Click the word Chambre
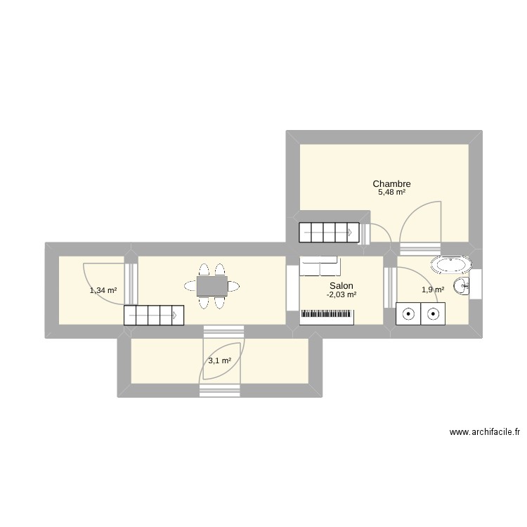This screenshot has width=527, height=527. tap(391, 184)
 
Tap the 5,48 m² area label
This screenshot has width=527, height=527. tap(391, 193)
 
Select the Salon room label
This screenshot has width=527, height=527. tap(341, 286)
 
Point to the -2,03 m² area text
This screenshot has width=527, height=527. tap(341, 294)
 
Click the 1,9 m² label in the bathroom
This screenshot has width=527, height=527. tap(432, 289)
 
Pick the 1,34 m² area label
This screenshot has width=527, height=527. tap(103, 289)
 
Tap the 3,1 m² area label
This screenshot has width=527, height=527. tap(219, 361)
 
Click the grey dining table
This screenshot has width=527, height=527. tap(212, 286)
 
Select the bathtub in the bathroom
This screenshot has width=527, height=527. tap(452, 265)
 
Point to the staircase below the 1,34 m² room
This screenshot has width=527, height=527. tap(153, 315)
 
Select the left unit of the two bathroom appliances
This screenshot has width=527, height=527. tap(408, 314)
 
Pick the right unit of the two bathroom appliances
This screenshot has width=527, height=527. tap(431, 314)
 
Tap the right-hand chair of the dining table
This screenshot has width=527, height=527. tap(231, 286)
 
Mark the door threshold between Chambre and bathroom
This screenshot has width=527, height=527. tap(419, 247)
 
